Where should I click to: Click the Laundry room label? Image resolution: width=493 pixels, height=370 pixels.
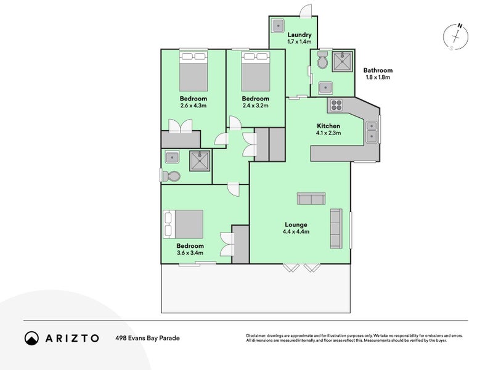[x=299, y=35]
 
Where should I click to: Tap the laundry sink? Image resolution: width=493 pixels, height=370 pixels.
[x=279, y=25]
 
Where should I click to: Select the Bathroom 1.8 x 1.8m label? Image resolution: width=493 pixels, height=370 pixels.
[x=378, y=73]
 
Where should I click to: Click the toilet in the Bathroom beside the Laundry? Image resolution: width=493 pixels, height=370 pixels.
[x=322, y=60]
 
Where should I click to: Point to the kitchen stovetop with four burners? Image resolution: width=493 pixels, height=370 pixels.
[x=336, y=105]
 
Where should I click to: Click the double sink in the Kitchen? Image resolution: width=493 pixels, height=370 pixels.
[x=372, y=131]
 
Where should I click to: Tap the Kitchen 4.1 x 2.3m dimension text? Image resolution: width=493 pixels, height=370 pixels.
[x=328, y=133]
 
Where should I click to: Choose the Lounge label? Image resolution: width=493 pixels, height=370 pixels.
[x=296, y=224]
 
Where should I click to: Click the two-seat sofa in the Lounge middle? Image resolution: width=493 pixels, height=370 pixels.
[x=311, y=199]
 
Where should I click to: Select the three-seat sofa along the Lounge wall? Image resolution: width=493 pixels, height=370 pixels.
[x=336, y=228]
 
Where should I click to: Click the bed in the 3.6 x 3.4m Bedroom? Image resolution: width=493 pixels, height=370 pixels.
[x=183, y=224]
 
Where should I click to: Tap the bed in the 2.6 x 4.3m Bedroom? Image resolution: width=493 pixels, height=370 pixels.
[x=194, y=72]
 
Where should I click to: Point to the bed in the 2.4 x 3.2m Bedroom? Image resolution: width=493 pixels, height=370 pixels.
[x=256, y=72]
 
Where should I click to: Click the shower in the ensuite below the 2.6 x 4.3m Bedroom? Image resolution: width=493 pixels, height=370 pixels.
[x=200, y=161]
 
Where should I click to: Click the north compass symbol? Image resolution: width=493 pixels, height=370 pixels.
[x=455, y=37]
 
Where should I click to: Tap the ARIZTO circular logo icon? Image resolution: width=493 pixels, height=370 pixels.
[x=32, y=338]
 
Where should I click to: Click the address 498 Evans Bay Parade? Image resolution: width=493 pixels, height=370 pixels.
[x=147, y=338]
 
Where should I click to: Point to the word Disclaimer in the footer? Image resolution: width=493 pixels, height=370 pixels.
[x=256, y=335]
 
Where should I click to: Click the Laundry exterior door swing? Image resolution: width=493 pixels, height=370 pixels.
[x=306, y=11]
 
